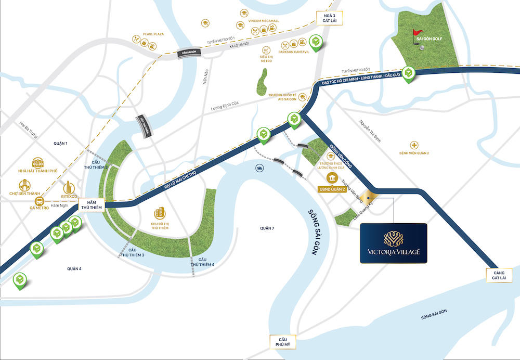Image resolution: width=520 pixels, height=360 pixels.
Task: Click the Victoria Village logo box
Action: (x=394, y=243)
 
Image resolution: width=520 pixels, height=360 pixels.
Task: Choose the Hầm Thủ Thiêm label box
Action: (x=92, y=204)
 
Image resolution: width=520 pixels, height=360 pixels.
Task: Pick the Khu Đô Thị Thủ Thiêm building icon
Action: (x=160, y=212)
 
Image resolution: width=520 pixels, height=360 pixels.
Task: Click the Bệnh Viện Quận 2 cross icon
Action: (x=414, y=145)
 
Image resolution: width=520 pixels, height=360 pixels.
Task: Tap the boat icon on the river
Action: (x=259, y=168)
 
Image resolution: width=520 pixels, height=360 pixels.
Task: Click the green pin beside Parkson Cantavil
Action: (x=315, y=42)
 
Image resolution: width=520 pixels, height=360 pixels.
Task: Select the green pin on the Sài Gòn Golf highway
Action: (x=410, y=73)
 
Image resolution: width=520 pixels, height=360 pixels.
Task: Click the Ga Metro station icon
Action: (x=38, y=200)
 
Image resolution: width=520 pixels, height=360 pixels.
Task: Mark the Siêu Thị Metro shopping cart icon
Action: (x=266, y=50)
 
